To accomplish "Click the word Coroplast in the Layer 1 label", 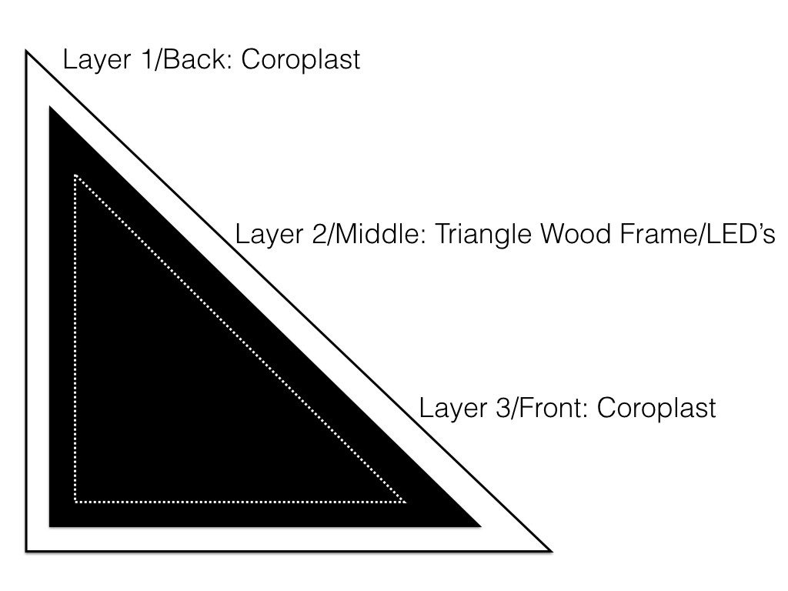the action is point(301,60).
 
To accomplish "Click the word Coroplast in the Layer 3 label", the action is point(656,408).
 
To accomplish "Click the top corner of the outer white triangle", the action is point(27,52).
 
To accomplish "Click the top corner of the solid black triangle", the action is point(50,107).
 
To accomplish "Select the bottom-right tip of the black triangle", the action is point(481,526).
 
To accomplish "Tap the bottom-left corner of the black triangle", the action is point(50,526).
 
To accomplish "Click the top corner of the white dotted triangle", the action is point(75,175).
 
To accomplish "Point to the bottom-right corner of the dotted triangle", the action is point(406,502).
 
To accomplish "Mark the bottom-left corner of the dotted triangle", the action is point(75,502).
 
